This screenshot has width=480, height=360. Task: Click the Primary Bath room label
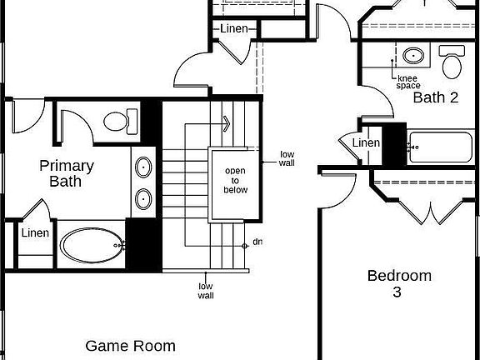click(x=67, y=173)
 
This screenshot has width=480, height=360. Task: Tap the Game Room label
click(x=130, y=346)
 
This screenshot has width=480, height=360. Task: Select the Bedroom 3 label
click(x=399, y=283)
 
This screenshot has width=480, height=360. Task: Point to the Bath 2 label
click(x=436, y=97)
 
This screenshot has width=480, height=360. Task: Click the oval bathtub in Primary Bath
click(x=92, y=245)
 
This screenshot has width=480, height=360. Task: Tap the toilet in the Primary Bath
click(x=120, y=122)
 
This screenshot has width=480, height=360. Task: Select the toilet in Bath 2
click(x=452, y=62)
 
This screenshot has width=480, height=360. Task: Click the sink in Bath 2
click(x=413, y=56)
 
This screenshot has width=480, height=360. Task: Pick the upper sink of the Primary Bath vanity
click(x=143, y=167)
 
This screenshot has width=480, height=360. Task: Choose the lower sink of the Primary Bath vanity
click(x=143, y=199)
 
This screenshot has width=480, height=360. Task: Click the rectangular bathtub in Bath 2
click(x=441, y=147)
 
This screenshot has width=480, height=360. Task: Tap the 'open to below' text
click(x=235, y=180)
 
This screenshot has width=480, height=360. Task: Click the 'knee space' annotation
click(x=407, y=82)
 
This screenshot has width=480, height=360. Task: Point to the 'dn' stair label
click(x=257, y=242)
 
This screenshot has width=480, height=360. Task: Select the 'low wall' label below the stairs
click(x=206, y=291)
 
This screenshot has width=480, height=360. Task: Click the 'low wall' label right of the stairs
click(x=287, y=158)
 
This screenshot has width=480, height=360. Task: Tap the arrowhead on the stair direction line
click(x=227, y=123)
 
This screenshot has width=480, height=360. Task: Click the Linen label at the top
click(x=234, y=29)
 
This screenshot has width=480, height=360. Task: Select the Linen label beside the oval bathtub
click(x=35, y=233)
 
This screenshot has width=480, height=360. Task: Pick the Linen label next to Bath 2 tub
click(x=366, y=142)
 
